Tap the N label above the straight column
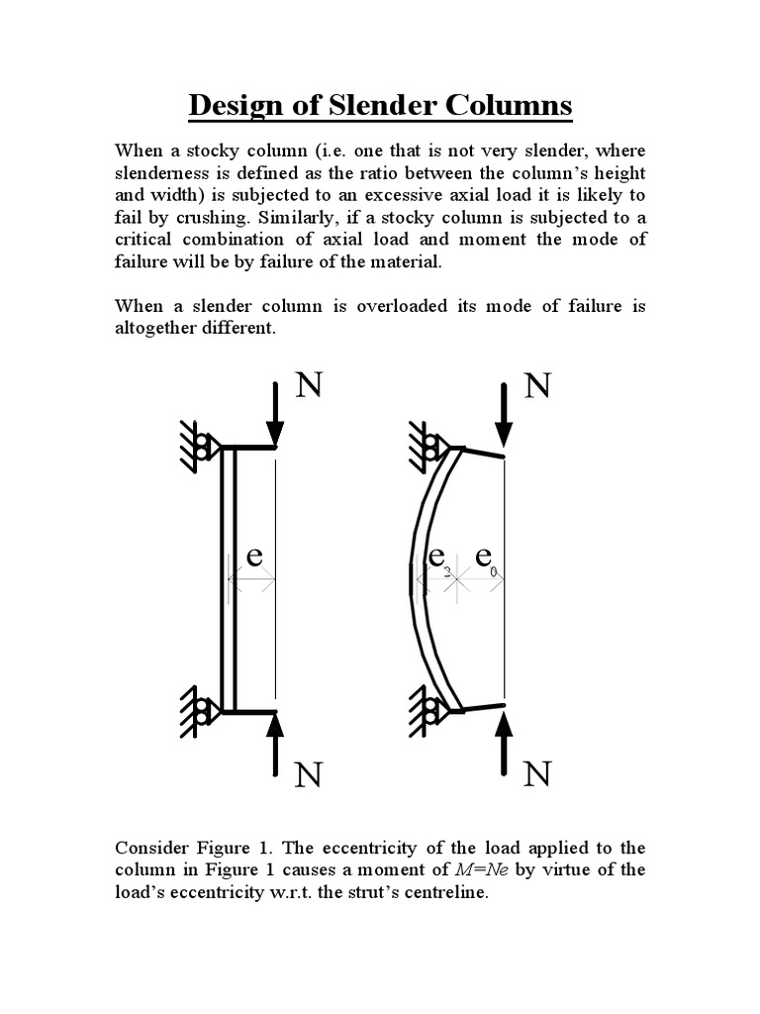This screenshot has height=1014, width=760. coord(308,386)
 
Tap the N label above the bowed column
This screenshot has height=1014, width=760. coord(535,386)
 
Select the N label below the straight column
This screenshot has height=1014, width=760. coord(308,775)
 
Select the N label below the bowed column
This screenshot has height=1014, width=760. coord(535,775)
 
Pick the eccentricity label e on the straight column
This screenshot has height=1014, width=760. coord(254,557)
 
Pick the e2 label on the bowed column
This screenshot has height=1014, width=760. coord(438,558)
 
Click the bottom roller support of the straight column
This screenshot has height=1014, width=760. coord(205,711)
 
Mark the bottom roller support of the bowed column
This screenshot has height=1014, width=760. coord(433,711)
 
